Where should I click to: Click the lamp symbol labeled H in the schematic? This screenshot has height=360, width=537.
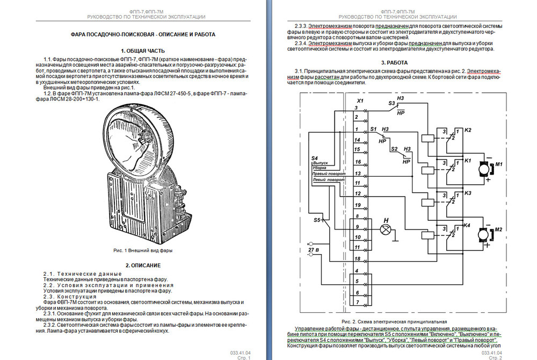pos(384,229)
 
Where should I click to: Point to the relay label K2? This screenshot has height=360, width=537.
pos(468,131)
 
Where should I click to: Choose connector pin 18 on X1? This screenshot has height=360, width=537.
pos(357,259)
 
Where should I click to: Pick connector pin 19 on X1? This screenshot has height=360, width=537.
pos(357,205)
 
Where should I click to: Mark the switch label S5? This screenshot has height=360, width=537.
pos(318,220)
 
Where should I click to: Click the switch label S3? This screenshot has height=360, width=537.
pos(391,103)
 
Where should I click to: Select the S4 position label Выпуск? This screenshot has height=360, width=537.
pos(320,163)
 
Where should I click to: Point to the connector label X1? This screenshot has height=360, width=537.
pos(360,100)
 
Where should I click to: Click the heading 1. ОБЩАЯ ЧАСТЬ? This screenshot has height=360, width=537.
pos(142,50)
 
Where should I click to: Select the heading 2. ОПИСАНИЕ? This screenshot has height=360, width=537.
pos(143,265)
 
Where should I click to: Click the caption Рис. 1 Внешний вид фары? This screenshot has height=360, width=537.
pos(143,250)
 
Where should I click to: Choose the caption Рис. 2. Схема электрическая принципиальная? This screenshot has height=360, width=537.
pos(394,321)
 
